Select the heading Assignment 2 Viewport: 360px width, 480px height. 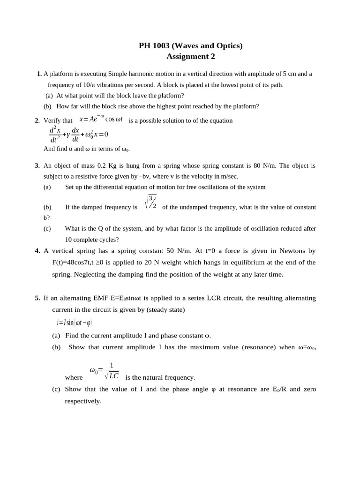pos(190,57)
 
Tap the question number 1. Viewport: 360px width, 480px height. pos(39,74)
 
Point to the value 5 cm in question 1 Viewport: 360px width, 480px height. pos(288,74)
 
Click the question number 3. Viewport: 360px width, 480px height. pos(37,165)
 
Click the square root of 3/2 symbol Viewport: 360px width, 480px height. pos(150,202)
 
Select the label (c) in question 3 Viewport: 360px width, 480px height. pos(47,228)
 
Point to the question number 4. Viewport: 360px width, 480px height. pos(37,251)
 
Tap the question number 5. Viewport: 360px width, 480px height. pos(37,298)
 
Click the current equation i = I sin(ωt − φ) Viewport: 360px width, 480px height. pos(74,322)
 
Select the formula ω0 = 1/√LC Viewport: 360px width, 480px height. pos(104,370)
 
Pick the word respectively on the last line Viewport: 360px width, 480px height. pos(82,401)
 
